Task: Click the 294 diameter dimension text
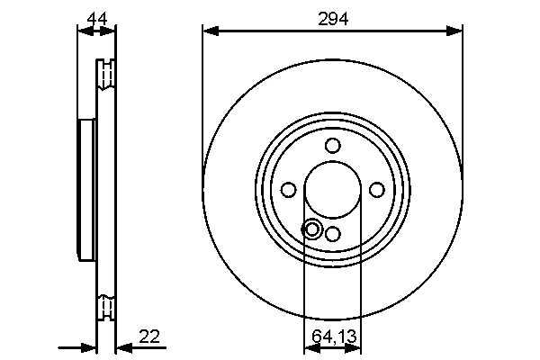coord(333,16)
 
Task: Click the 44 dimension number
coord(95,16)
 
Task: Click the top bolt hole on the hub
coord(333,146)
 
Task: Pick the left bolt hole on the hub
coord(289,189)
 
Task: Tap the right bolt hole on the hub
coord(377,189)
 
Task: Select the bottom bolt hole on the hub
coord(333,233)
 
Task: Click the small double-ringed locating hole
coord(312,229)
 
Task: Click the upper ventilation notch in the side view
coord(108,73)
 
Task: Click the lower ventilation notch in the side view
coord(108,305)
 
